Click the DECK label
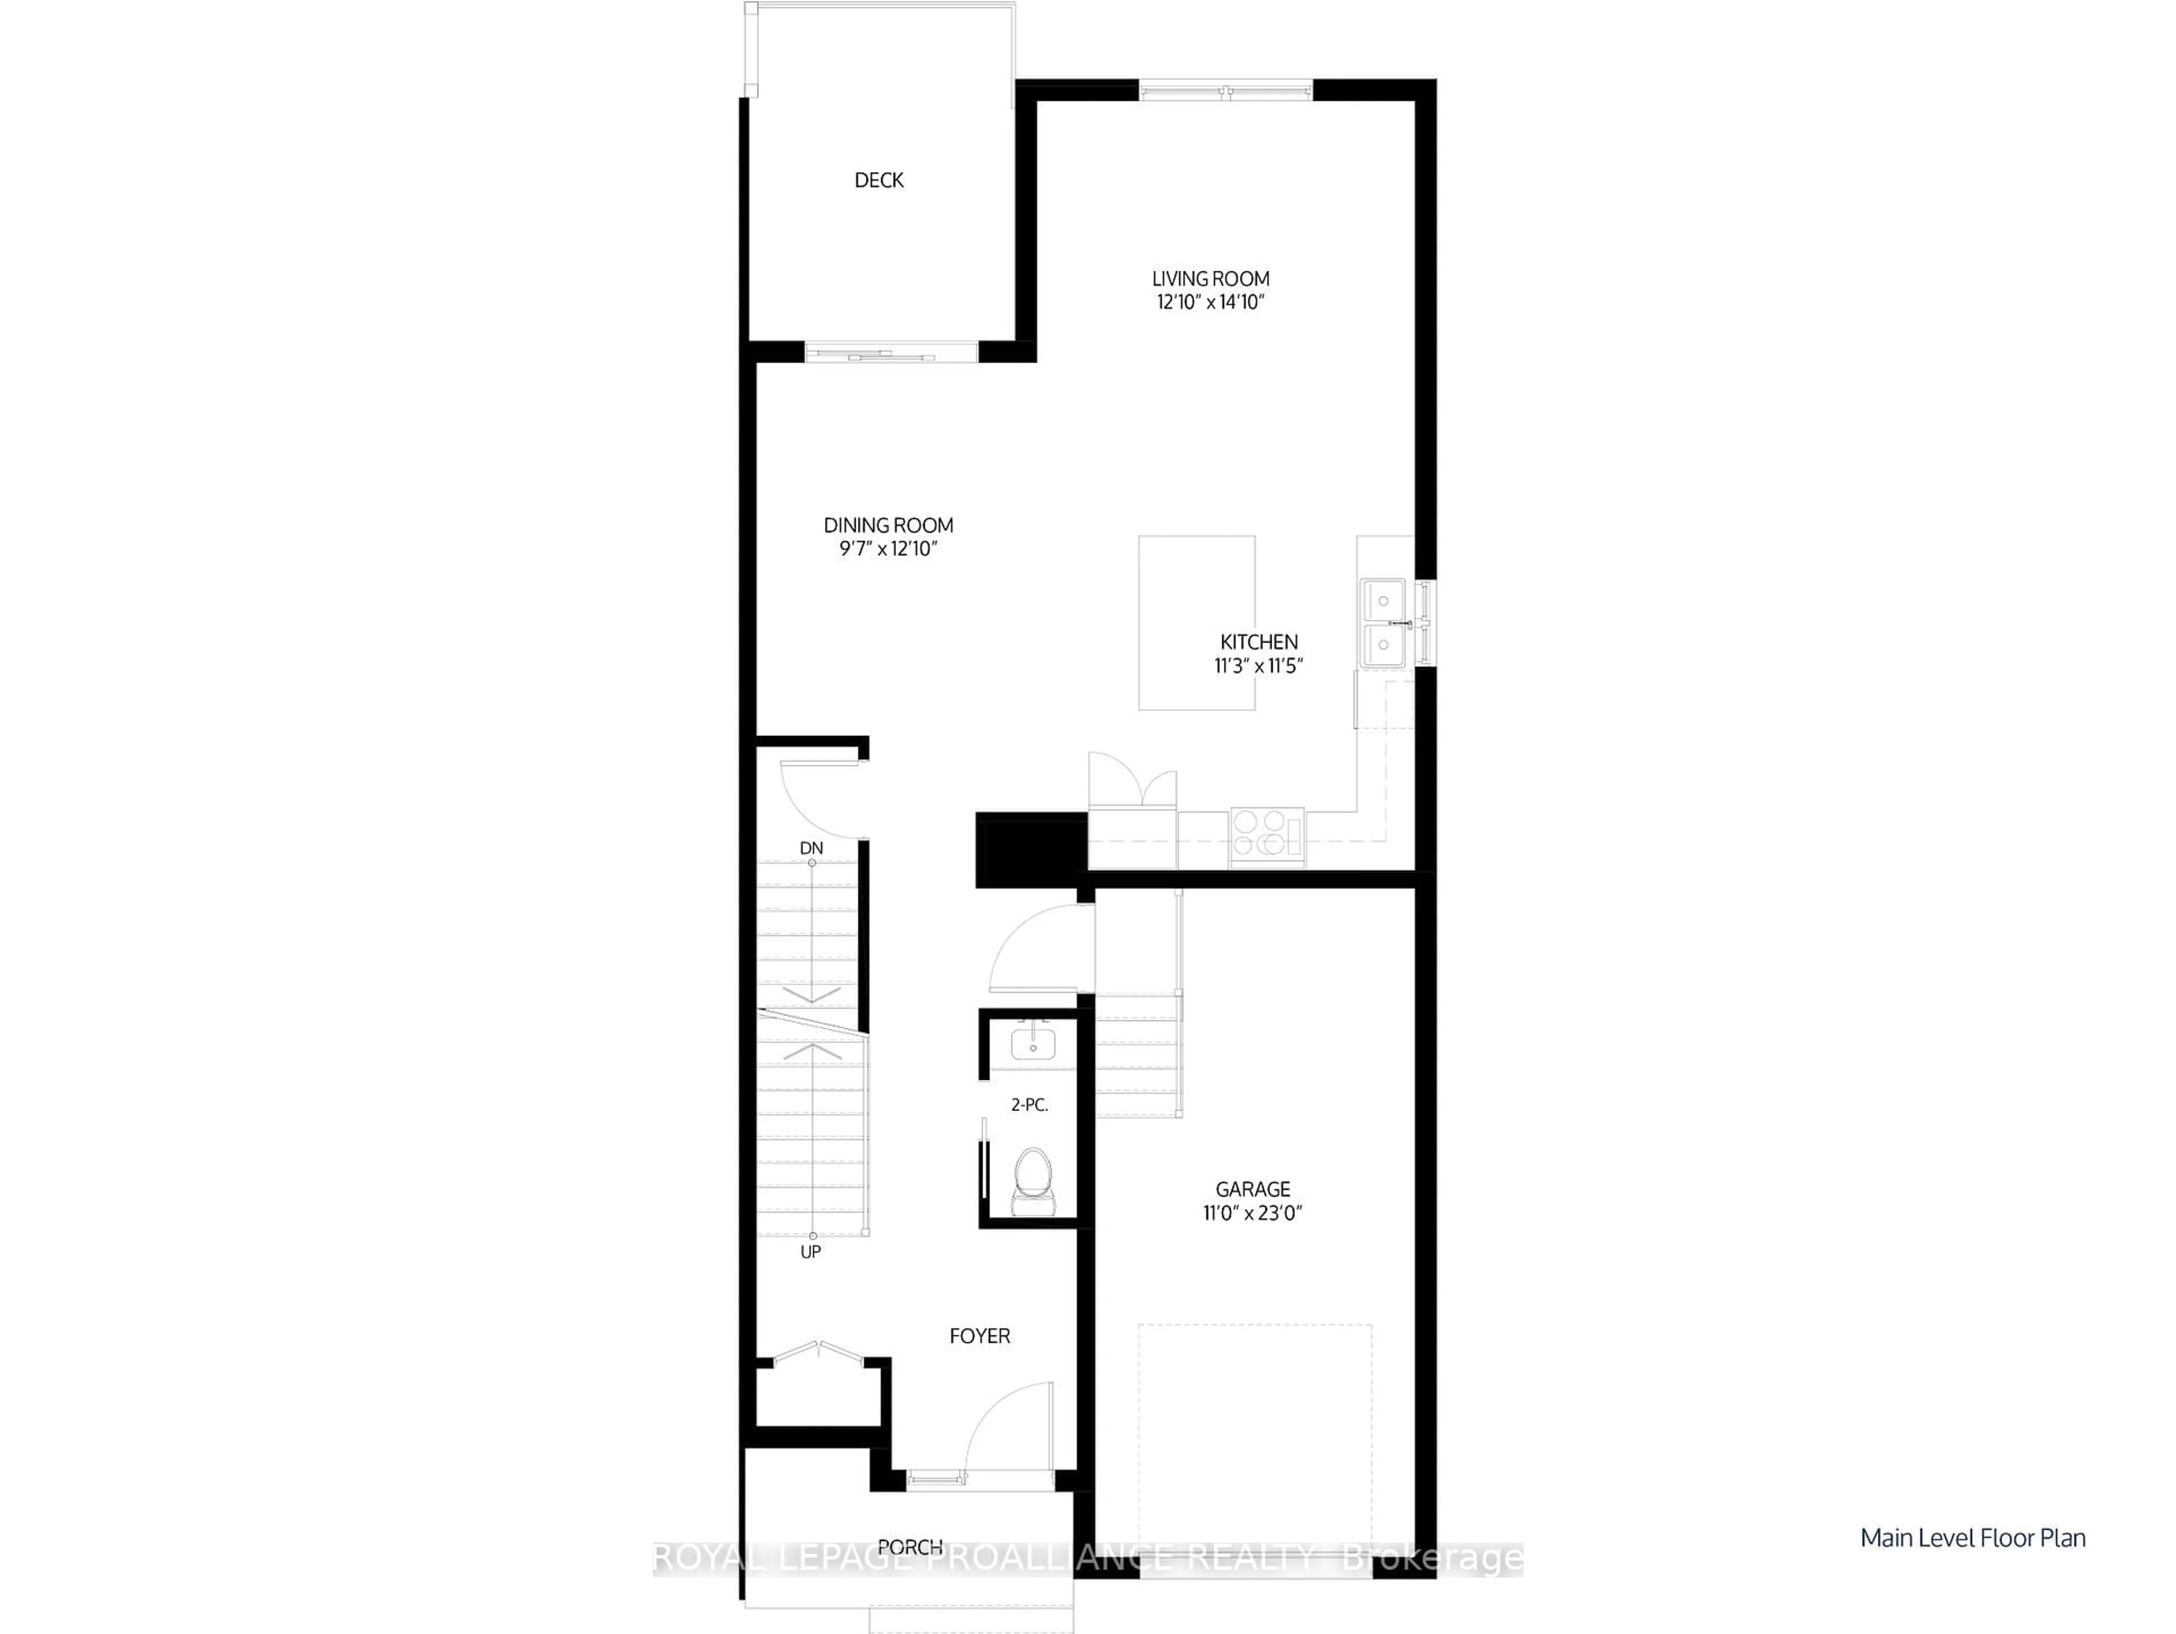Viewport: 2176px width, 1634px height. [878, 180]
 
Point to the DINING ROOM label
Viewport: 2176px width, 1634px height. [889, 525]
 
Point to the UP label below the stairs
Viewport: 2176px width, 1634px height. [810, 1252]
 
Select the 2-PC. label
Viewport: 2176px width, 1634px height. [1029, 1105]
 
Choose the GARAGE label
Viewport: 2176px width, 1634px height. [1252, 1189]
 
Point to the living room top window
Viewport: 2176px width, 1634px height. [1226, 91]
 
